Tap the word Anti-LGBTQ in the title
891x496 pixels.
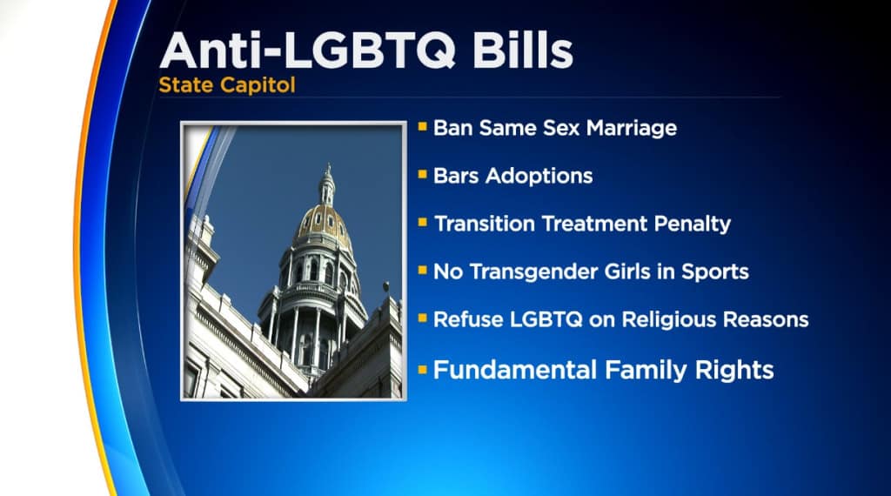point(307,51)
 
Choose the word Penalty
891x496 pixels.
point(692,224)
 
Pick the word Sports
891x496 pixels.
point(715,272)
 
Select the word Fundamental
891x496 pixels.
point(514,370)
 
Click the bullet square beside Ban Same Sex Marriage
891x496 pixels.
point(422,126)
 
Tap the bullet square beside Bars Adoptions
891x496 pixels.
point(422,174)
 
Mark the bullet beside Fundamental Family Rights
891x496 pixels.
point(422,371)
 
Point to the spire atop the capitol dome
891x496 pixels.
point(327,184)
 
